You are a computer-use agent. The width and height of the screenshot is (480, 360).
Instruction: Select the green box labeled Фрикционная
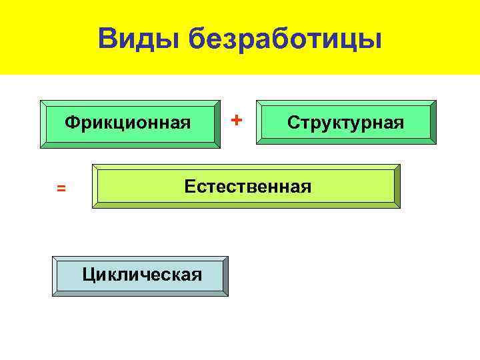[129, 123]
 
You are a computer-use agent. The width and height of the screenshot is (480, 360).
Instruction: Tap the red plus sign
[236, 119]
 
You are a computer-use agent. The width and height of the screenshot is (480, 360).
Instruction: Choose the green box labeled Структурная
[346, 123]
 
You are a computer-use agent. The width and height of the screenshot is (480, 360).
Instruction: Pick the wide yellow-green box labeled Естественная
[246, 187]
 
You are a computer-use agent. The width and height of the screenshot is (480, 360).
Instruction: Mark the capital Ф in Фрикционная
[70, 123]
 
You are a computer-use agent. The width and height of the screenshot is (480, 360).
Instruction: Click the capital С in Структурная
[292, 123]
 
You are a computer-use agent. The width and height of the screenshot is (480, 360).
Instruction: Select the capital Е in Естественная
[189, 186]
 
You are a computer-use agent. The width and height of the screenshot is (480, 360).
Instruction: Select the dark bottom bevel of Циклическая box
[140, 293]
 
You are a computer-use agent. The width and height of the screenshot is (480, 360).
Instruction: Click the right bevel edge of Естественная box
[397, 187]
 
